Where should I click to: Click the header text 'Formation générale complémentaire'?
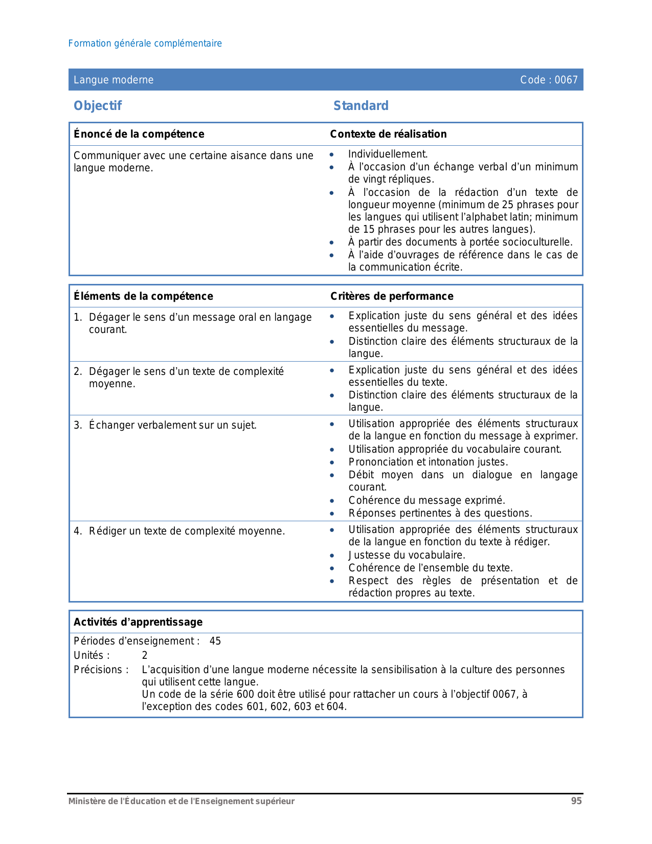[145, 43]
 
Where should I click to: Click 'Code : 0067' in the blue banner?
[549, 80]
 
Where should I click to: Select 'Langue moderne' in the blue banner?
[114, 80]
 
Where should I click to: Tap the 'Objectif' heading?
[98, 105]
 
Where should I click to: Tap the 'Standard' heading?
[361, 105]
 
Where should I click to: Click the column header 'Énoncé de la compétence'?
[139, 134]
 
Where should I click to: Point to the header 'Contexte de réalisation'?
[388, 134]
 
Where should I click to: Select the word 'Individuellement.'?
[388, 154]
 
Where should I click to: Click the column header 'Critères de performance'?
[392, 296]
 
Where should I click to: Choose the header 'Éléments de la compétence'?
[143, 296]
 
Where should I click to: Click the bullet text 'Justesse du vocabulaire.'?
[407, 555]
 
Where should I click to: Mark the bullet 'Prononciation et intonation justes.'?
[429, 462]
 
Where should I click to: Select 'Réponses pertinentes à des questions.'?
[440, 513]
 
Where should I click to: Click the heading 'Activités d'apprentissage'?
[138, 622]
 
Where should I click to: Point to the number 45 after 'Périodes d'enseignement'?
[215, 641]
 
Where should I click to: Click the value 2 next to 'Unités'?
[145, 655]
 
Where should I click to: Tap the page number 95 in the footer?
[576, 801]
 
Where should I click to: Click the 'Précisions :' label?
[101, 670]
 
